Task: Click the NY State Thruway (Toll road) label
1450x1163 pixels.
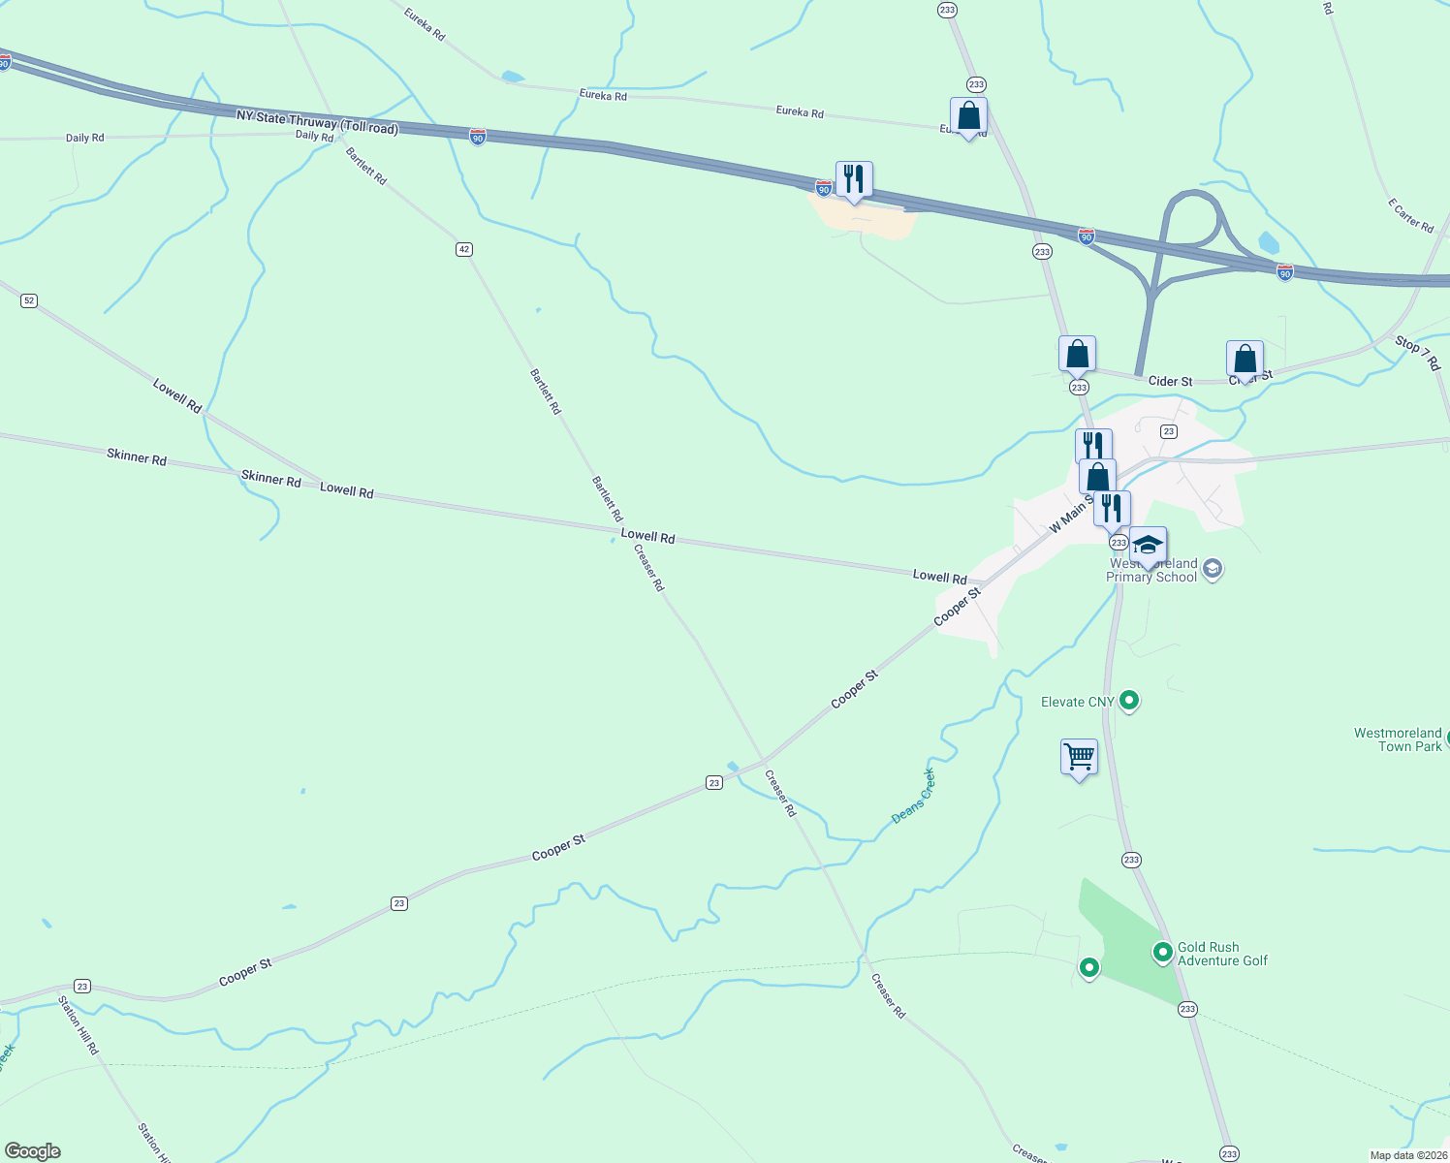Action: pyautogui.click(x=317, y=121)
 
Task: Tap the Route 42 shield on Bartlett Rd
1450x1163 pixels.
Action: pyautogui.click(x=464, y=249)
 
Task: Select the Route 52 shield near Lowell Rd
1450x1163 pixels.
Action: pyautogui.click(x=29, y=300)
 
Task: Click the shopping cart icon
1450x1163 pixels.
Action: pyautogui.click(x=1079, y=756)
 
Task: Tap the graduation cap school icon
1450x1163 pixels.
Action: pyautogui.click(x=1148, y=546)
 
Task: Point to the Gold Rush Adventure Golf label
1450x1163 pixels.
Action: pyautogui.click(x=1221, y=954)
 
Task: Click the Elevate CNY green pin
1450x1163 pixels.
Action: pyautogui.click(x=1128, y=700)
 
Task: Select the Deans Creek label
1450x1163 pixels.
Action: pyautogui.click(x=913, y=796)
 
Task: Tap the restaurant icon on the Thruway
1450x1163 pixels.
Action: pyautogui.click(x=853, y=179)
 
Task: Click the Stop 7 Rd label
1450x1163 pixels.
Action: pyautogui.click(x=1417, y=353)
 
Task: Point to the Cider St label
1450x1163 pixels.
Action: pyautogui.click(x=1170, y=381)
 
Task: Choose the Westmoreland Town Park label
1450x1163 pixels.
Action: pyautogui.click(x=1398, y=739)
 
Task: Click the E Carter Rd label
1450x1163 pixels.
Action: pyautogui.click(x=1410, y=215)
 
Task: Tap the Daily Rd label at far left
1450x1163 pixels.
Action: pyautogui.click(x=84, y=138)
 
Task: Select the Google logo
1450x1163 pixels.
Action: pyautogui.click(x=33, y=1151)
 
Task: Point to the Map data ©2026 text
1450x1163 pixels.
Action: pyautogui.click(x=1407, y=1155)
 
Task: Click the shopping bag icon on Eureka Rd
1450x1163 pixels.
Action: pyautogui.click(x=968, y=115)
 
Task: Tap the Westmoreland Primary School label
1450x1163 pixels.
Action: pyautogui.click(x=1152, y=570)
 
